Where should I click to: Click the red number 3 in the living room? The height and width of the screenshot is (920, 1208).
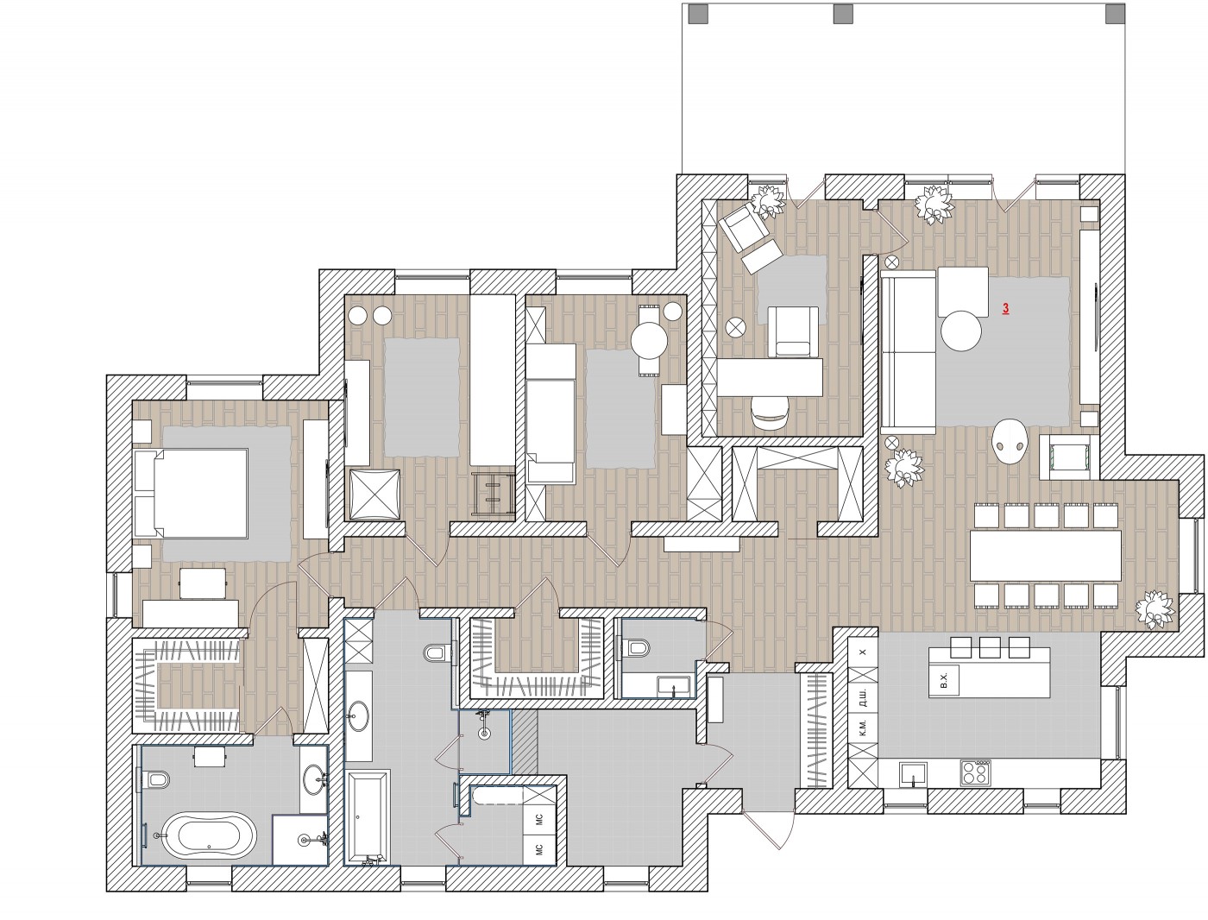click(1006, 309)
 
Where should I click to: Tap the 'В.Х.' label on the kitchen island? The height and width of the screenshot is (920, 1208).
click(943, 682)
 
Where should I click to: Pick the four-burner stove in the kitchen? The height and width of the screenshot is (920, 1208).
click(976, 772)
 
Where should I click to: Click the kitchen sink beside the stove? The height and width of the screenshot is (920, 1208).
click(914, 775)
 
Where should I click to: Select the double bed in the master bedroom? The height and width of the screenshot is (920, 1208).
click(191, 493)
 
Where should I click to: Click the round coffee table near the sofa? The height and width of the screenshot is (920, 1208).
click(961, 331)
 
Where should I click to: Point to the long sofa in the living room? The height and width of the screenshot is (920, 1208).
click(908, 351)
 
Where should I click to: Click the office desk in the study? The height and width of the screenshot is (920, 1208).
click(770, 377)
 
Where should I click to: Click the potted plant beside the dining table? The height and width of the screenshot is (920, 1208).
click(1155, 609)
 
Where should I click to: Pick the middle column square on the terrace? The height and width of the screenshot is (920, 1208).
click(843, 14)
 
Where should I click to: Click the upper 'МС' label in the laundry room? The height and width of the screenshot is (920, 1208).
click(539, 819)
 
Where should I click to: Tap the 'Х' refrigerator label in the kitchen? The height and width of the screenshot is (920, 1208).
click(863, 652)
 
